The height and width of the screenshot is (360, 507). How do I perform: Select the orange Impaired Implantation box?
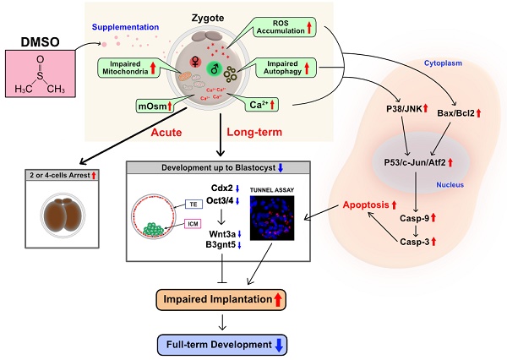pos(220,299)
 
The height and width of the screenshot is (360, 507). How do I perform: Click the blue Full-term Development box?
pos(220,342)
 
